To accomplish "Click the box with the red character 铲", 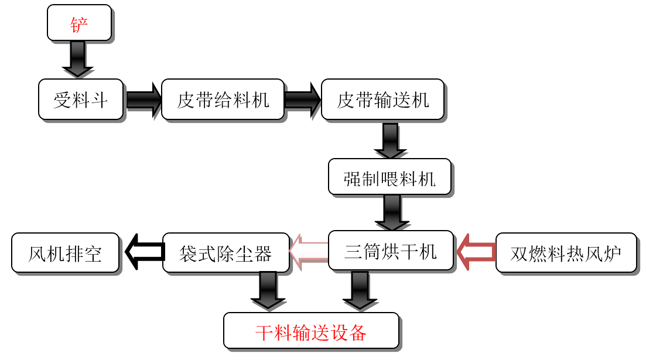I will coord(79,23).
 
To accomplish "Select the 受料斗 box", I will coord(81,100).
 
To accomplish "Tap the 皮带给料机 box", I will coord(223,100).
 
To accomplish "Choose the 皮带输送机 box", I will coord(383,100).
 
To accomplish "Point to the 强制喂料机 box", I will coord(389,177).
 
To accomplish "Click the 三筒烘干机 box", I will coord(390,251).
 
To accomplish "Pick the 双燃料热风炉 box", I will coord(566,253).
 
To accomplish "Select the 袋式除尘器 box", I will coord(225,253).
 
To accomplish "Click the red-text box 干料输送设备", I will coord(311,331).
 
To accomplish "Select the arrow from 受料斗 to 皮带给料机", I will coord(142,100).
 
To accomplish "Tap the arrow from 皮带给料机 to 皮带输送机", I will coord(302,100).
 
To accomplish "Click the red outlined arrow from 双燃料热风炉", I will coord(476,252).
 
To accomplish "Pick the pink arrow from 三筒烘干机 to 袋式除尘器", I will coord(309,252).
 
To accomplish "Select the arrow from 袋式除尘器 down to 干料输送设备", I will coord(269,291).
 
